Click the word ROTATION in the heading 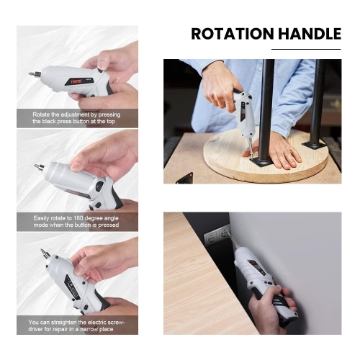[x=233, y=34]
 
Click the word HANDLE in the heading [x=310, y=34]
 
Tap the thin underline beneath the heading [x=306, y=49]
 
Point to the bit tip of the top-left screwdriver [x=30, y=74]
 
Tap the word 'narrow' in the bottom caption [x=89, y=329]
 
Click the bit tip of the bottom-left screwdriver [x=42, y=251]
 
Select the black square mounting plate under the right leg [x=315, y=145]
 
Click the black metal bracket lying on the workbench [x=184, y=179]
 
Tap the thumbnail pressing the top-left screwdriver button [x=103, y=65]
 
